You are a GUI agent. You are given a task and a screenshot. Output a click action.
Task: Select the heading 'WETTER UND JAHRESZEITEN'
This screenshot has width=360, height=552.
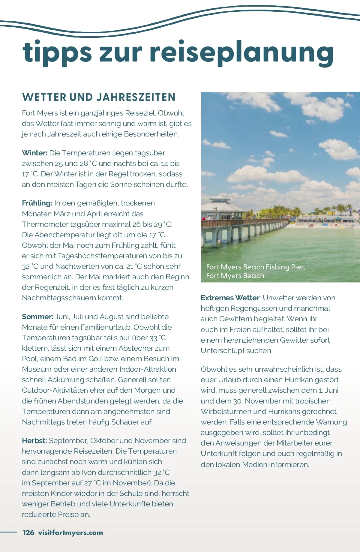(99, 97)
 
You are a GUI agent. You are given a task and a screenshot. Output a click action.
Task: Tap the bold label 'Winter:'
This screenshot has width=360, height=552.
(34, 153)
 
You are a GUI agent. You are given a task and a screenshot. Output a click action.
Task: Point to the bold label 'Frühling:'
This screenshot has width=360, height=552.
(37, 203)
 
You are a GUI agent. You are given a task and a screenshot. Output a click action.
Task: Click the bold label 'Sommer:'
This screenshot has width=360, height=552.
(37, 317)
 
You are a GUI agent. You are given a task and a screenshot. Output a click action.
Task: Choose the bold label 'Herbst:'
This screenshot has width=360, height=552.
(34, 441)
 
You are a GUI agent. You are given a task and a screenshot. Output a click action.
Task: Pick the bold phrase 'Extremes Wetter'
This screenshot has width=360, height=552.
(230, 298)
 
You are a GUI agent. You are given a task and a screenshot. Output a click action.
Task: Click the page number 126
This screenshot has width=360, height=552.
(28, 532)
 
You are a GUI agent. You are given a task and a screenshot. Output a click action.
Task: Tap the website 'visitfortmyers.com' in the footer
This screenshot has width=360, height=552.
(70, 532)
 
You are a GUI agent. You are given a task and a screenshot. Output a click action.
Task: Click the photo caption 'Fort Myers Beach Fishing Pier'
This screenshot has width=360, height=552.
(255, 267)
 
